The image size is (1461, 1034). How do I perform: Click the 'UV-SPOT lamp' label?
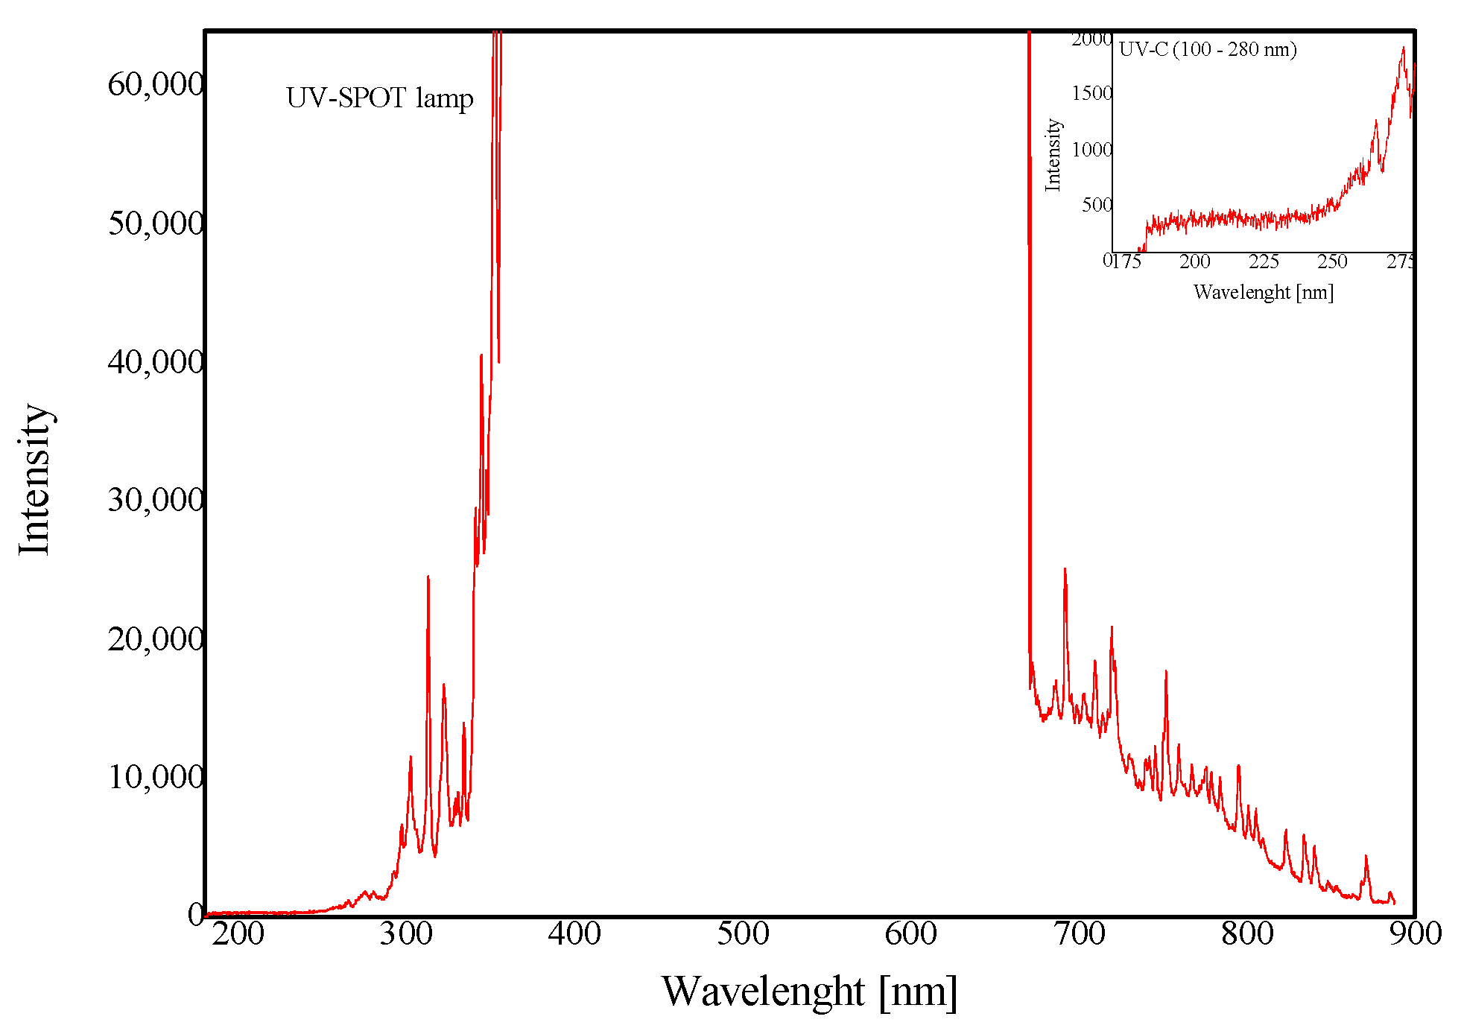(x=379, y=98)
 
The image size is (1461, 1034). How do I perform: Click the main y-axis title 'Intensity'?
(x=34, y=480)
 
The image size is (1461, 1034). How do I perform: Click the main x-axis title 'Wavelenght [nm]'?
(x=809, y=992)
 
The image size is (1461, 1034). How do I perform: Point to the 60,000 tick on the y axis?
(x=155, y=84)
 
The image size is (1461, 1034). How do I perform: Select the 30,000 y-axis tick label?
(x=155, y=499)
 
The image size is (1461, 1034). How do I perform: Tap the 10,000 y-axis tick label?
(x=155, y=776)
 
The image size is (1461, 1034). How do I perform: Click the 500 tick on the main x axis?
(x=743, y=933)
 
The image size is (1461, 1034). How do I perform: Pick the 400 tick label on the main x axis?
(x=574, y=933)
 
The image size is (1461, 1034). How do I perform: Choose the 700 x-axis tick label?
(x=1080, y=933)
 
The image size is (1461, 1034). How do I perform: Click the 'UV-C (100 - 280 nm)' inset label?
(x=1208, y=50)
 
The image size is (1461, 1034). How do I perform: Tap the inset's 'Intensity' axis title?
(x=1053, y=155)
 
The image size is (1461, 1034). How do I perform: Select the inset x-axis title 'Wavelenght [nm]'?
(x=1263, y=292)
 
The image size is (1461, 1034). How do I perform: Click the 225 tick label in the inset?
(x=1264, y=261)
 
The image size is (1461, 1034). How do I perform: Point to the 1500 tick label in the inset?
(x=1091, y=93)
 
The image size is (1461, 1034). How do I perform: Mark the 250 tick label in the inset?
(x=1332, y=261)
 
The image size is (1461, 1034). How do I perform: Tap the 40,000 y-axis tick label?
(x=155, y=361)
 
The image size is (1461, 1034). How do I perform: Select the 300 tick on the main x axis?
(x=406, y=933)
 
